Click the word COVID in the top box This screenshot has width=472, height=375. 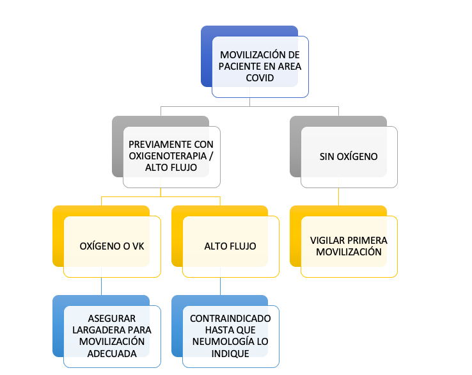tap(260, 77)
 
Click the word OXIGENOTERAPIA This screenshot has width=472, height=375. tap(168, 156)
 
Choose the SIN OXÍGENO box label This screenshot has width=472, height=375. tap(349, 156)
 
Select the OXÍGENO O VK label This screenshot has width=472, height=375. tap(112, 246)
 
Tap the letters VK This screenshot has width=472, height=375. tap(138, 246)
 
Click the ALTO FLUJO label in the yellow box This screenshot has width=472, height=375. tap(230, 246)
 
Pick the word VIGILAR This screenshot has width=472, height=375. tap(327, 241)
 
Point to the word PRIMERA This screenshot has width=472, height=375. tap(367, 241)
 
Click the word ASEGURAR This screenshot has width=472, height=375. tap(112, 319)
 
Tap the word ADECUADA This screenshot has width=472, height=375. tap(112, 353)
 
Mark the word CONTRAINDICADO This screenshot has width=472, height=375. tap(230, 319)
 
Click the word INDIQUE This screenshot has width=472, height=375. tap(230, 353)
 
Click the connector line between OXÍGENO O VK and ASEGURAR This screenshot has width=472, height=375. tap(102, 286)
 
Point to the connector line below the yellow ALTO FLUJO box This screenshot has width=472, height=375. tap(221, 286)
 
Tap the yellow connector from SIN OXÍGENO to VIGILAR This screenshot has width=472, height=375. tap(338, 196)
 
